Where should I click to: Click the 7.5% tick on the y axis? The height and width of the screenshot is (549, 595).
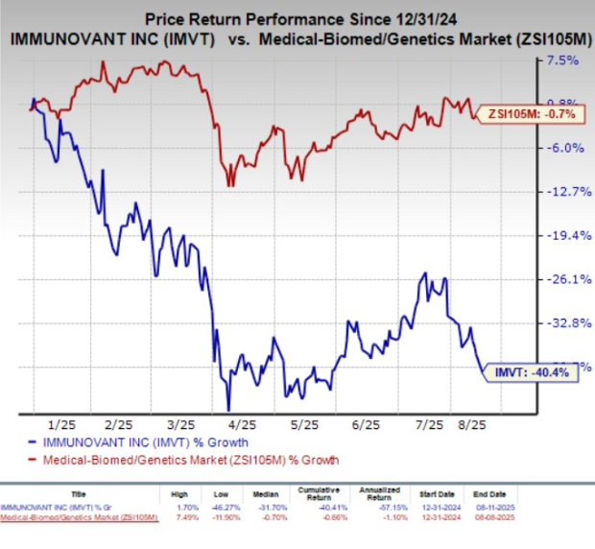(x=561, y=60)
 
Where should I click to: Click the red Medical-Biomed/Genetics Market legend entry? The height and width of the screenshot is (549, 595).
(x=178, y=461)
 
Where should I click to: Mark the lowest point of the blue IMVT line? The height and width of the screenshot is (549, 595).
(x=227, y=410)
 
